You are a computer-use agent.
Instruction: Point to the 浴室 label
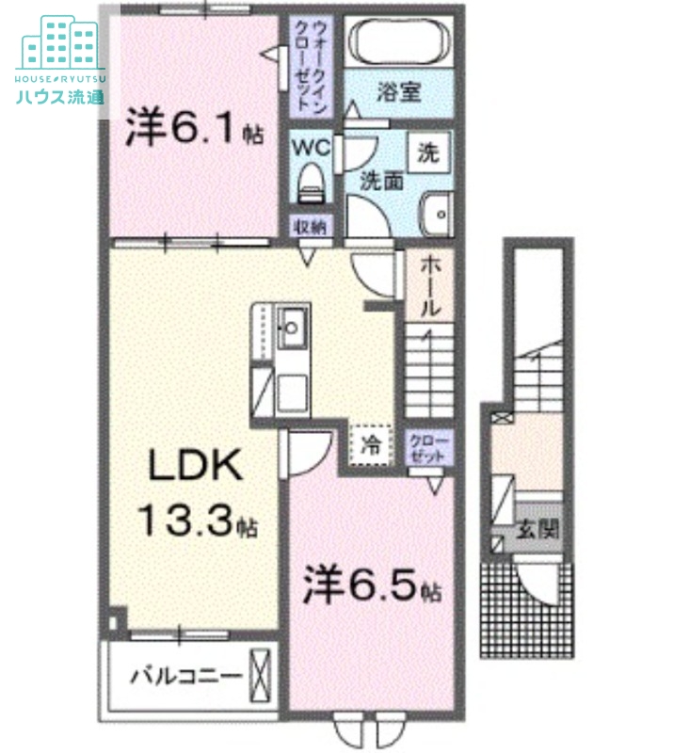click(398, 91)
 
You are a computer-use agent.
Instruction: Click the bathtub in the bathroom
click(400, 43)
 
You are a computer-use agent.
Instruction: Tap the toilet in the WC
click(310, 184)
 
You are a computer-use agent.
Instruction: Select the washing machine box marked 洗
click(428, 150)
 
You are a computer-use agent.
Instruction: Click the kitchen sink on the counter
click(291, 328)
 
